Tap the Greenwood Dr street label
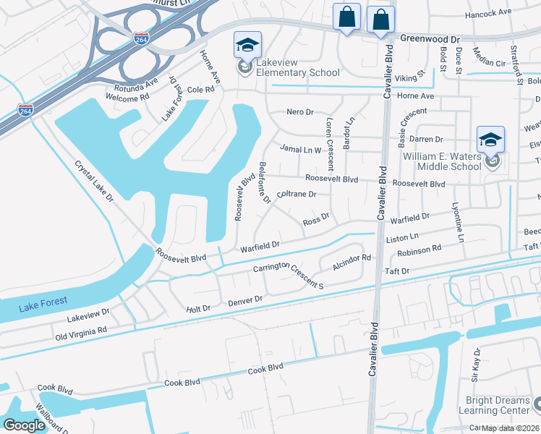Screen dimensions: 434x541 (x=430, y=38)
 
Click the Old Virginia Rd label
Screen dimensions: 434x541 (x=80, y=333)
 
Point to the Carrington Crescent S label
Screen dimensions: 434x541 (x=289, y=275)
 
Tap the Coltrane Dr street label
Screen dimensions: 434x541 (x=297, y=194)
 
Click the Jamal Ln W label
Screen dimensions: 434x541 (x=300, y=149)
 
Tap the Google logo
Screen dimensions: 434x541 (x=24, y=425)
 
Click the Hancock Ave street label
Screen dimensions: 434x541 (x=488, y=13)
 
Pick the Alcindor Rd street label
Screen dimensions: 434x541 (x=352, y=261)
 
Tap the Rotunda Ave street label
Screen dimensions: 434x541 (x=141, y=86)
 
